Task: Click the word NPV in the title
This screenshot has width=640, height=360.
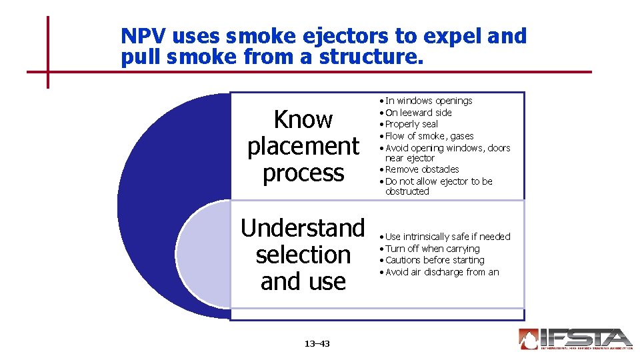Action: point(141,36)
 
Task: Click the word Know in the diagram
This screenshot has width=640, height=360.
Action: point(303,119)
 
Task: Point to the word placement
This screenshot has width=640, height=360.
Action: point(303,146)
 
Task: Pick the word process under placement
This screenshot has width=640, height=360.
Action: point(303,173)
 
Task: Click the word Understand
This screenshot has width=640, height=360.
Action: point(303,228)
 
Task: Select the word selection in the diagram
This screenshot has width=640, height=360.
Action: point(303,255)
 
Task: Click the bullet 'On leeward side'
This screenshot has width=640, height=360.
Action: point(418,113)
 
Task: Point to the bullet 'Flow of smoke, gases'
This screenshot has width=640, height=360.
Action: point(429,136)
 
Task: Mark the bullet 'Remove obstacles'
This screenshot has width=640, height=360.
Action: point(422,169)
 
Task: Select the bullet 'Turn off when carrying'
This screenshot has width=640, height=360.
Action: point(432,249)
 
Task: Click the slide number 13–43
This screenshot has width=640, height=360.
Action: point(317,344)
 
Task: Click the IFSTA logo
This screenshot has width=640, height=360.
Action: point(575,339)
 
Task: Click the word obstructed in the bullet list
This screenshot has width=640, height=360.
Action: point(407,191)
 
